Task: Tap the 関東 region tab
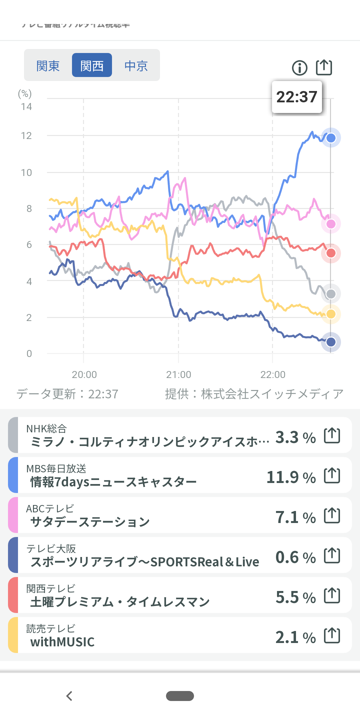(48, 66)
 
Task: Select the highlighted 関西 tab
(92, 65)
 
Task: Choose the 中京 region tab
(136, 66)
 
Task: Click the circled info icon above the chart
(300, 68)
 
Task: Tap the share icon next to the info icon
(324, 67)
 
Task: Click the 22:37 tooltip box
(297, 97)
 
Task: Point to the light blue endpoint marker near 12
(331, 138)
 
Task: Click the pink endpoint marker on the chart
(331, 224)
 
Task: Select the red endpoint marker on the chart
(331, 253)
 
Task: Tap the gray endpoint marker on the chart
(331, 294)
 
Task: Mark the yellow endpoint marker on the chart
(331, 314)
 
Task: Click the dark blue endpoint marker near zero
(331, 342)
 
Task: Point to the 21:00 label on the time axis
(179, 375)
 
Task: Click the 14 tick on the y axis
(26, 107)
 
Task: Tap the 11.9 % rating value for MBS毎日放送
(291, 477)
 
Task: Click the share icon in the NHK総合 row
(332, 435)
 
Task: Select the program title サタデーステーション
(90, 522)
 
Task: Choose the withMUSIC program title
(63, 642)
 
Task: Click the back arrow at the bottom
(69, 696)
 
